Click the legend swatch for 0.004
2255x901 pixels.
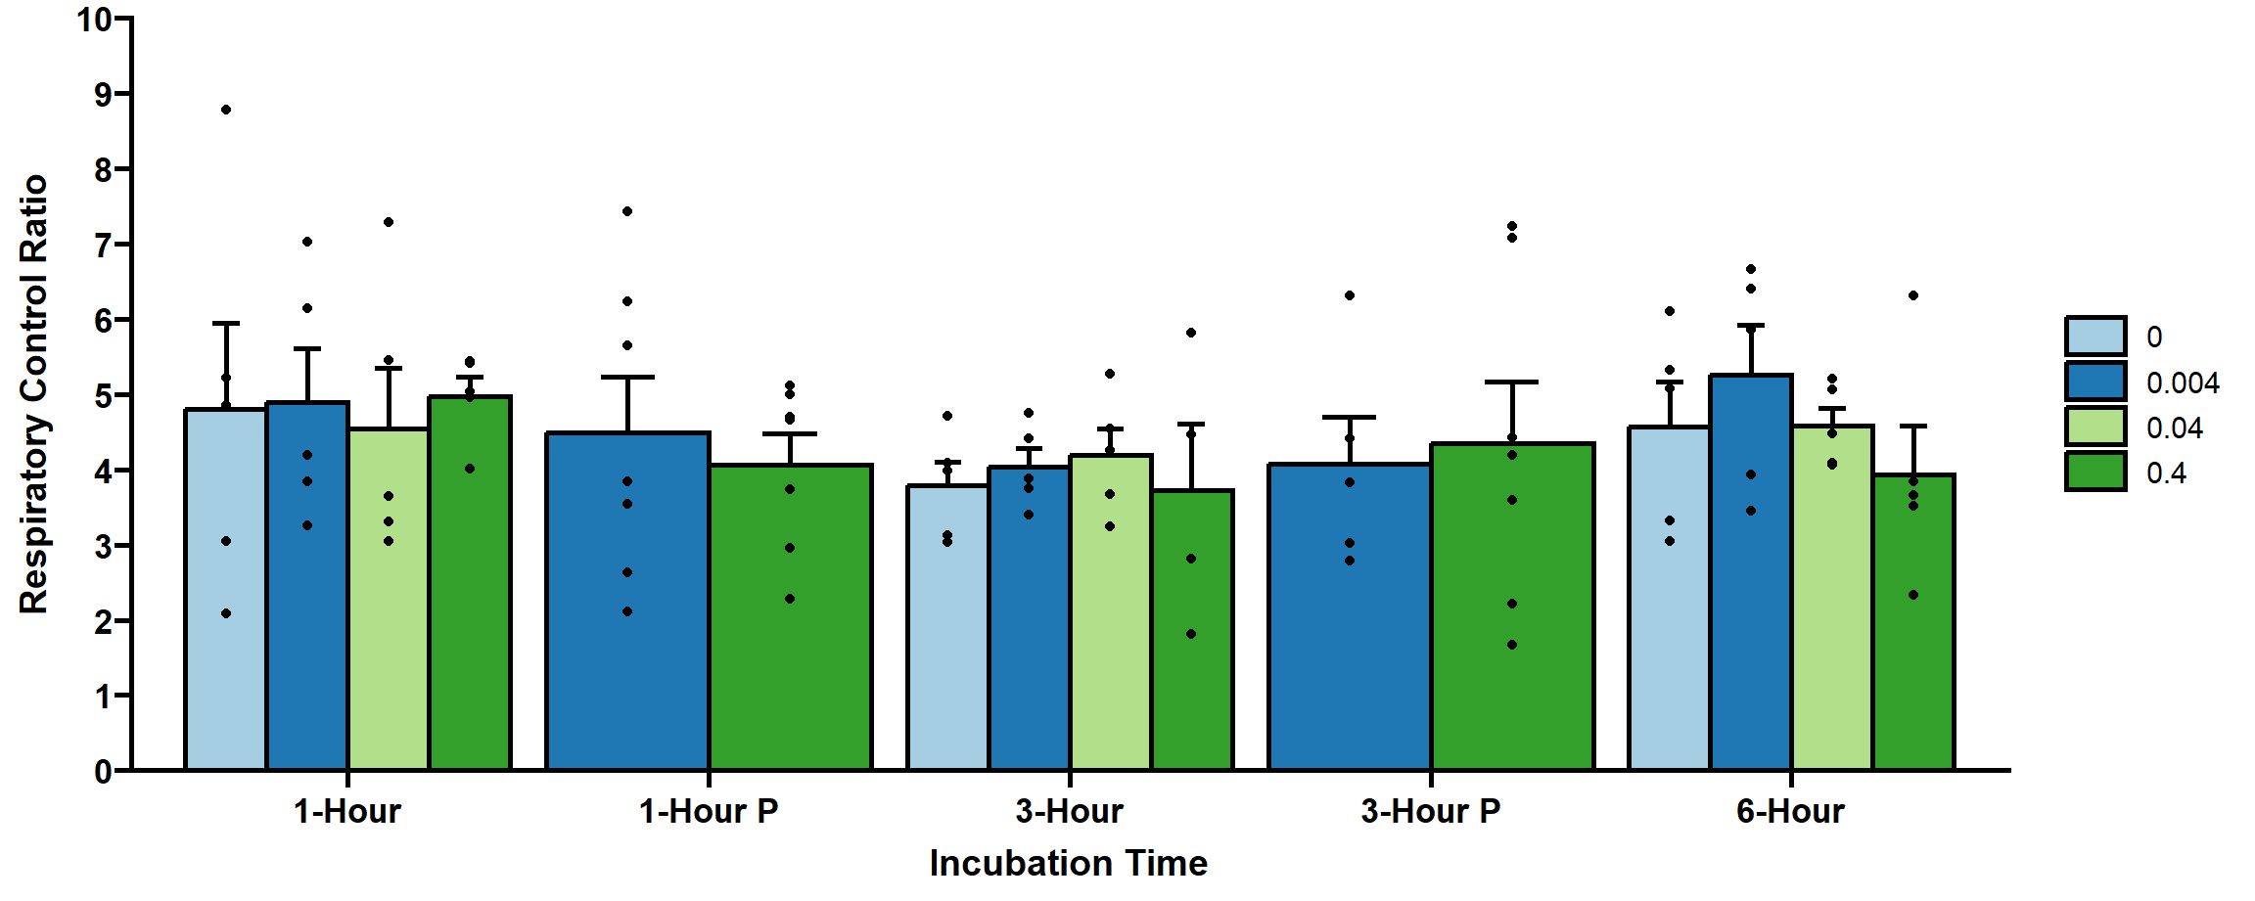[x=2095, y=382]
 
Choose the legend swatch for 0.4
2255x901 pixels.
[x=2095, y=472]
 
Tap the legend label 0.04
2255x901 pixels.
[x=2175, y=428]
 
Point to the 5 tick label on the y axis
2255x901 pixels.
[x=103, y=395]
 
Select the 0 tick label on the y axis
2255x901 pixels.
[x=103, y=771]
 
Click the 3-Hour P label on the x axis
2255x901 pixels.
[x=1430, y=811]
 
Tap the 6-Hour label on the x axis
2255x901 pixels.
[x=1790, y=811]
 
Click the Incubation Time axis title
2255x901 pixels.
[x=1068, y=863]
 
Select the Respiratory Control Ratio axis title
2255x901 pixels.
[x=33, y=394]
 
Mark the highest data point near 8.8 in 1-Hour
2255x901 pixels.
[x=226, y=110]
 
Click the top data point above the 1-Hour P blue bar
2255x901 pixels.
[x=627, y=211]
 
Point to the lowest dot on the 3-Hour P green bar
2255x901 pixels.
[x=1512, y=645]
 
